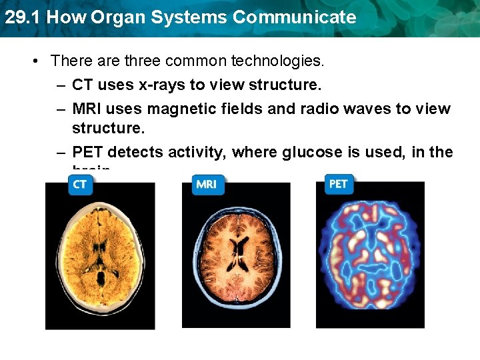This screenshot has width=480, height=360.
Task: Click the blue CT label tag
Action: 80,185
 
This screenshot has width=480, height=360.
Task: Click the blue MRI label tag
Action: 207,185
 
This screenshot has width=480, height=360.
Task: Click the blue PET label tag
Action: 339,183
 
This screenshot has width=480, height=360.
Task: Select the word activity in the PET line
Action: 195,152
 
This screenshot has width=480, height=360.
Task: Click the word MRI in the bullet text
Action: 87,108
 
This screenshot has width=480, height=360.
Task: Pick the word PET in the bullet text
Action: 87,152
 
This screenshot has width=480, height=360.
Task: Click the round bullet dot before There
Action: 35,61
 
